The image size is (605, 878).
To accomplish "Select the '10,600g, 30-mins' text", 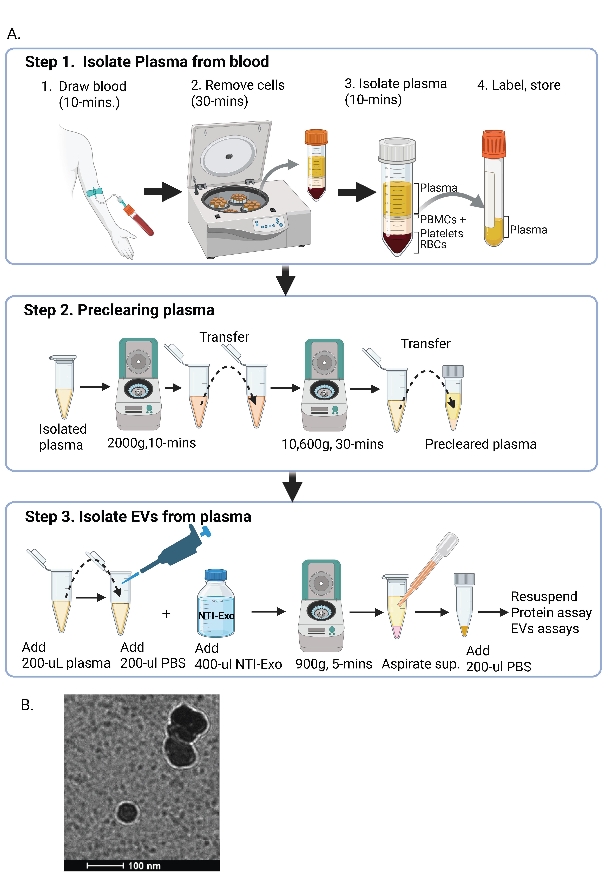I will click(332, 444).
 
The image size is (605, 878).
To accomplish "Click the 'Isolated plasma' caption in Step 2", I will click(63, 437).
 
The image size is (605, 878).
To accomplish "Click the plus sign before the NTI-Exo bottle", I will click(166, 614).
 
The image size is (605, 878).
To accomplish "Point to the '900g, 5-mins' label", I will click(334, 664).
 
